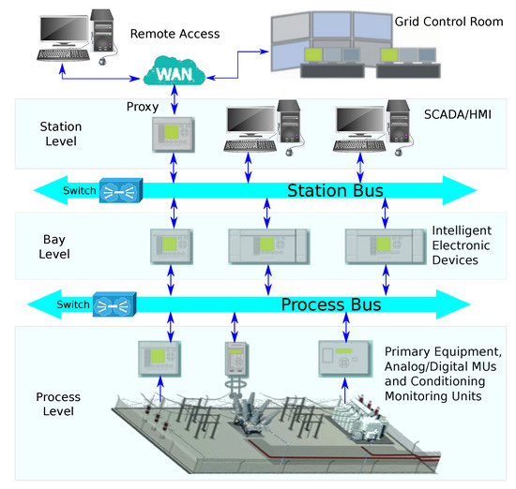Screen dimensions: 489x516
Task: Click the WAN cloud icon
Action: [175, 69]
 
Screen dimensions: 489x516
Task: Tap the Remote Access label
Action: [175, 34]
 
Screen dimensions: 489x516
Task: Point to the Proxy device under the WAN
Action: [172, 135]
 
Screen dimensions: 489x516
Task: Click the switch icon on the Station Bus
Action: [118, 191]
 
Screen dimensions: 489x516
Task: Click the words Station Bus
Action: [335, 192]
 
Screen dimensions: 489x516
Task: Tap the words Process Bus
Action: [331, 305]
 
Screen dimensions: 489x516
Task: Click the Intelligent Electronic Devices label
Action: [469, 245]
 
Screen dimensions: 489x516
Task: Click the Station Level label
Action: [60, 134]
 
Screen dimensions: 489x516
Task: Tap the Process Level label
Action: [63, 403]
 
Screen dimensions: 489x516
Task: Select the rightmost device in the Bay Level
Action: [382, 245]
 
